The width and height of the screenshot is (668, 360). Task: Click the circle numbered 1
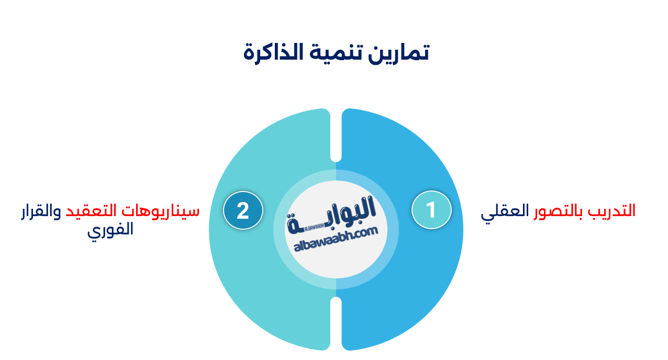pyautogui.click(x=431, y=210)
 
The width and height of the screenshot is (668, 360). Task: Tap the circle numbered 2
pyautogui.click(x=243, y=210)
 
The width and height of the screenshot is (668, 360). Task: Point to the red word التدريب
pyautogui.click(x=611, y=211)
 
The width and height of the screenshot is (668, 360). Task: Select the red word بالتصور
pyautogui.click(x=559, y=211)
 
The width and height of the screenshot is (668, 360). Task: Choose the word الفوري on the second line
pyautogui.click(x=110, y=230)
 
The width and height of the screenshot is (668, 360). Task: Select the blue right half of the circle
pyautogui.click(x=408, y=293)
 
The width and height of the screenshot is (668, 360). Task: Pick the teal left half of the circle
pyautogui.click(x=262, y=293)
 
